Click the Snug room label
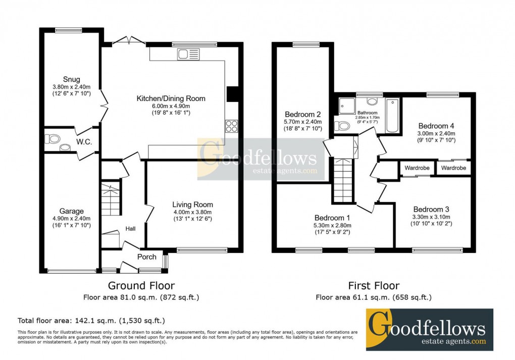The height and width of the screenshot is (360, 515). click(x=71, y=79)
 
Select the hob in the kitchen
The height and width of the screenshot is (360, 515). click(x=231, y=126)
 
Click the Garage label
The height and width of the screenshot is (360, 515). click(x=71, y=211)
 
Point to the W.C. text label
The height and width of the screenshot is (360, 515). click(x=84, y=142)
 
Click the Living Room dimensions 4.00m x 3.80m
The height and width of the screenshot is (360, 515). click(x=192, y=213)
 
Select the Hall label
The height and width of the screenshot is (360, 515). click(x=130, y=229)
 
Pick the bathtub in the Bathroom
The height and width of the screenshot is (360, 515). click(x=392, y=116)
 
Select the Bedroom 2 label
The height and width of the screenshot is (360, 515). click(x=303, y=114)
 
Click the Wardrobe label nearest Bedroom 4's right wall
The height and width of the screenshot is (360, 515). click(x=453, y=168)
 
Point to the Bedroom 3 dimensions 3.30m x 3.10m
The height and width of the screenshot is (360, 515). click(x=431, y=217)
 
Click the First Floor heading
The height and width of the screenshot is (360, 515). click(x=374, y=286)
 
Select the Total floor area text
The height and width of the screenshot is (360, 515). click(x=91, y=320)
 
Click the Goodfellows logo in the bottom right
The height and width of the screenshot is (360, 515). click(x=429, y=329)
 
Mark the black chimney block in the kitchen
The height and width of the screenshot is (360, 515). click(x=233, y=94)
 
